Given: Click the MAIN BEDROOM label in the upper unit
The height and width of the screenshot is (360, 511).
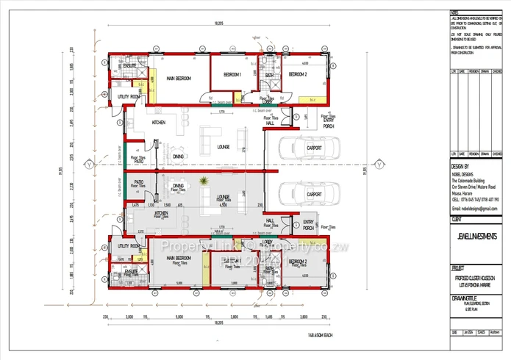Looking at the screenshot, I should [x=179, y=78].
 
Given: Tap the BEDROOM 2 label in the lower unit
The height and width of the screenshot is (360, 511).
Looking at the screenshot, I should [x=297, y=262].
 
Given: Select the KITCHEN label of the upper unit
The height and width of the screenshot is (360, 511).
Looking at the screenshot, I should [x=159, y=123].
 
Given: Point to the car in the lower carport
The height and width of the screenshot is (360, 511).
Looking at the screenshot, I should [x=314, y=195].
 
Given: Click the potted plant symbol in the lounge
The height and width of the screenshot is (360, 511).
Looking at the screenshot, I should [x=207, y=181].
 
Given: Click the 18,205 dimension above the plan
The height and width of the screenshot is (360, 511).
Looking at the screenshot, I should [x=218, y=24].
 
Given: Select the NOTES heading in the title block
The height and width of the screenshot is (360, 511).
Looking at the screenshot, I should [x=455, y=13].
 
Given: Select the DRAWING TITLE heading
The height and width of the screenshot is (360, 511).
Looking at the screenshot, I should [x=466, y=298].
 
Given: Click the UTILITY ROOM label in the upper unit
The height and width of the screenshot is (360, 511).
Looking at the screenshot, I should [x=129, y=96].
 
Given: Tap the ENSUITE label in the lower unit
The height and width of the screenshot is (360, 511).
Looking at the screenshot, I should [x=132, y=270].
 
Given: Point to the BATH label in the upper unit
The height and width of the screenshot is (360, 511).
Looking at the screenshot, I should [x=269, y=75].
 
